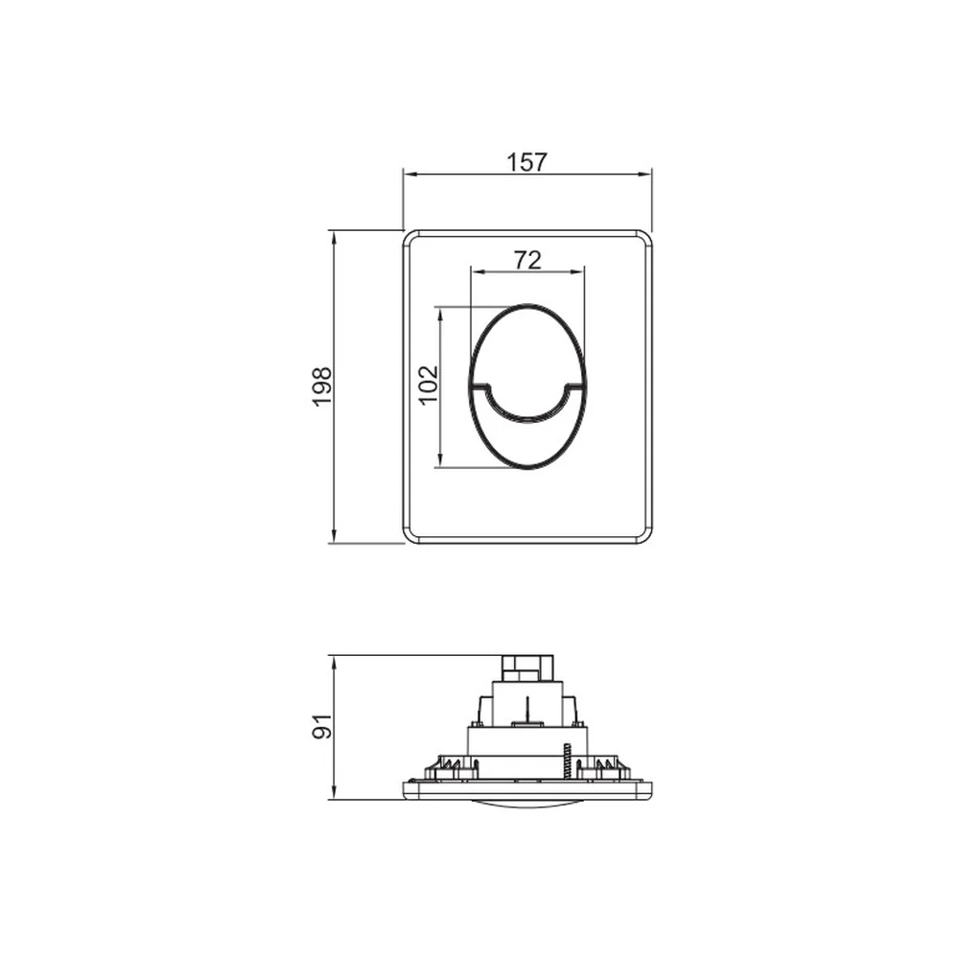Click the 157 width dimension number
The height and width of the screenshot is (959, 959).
(x=526, y=162)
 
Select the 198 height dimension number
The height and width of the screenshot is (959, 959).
(x=321, y=386)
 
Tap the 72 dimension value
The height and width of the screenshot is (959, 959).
(x=527, y=261)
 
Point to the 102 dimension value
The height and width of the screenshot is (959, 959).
(x=429, y=385)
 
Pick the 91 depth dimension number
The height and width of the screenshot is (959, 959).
(x=321, y=726)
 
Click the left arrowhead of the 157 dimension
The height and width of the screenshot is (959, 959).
(x=409, y=175)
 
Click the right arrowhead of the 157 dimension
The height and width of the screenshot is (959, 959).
(x=644, y=175)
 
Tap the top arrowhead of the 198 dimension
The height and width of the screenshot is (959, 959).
(x=334, y=237)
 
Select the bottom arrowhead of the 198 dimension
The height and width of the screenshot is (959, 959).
(x=334, y=536)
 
